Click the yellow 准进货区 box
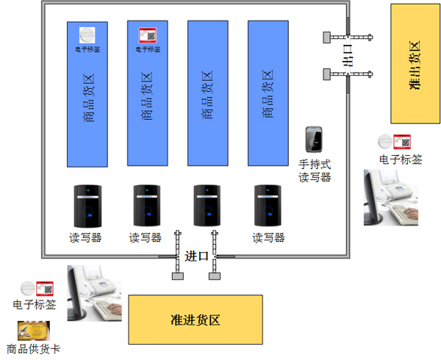196,320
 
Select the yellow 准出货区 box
415,64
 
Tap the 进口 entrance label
196,256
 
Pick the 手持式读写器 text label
315,170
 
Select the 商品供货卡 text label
32,349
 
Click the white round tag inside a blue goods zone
87,35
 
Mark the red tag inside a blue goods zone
148,35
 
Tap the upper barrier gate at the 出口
346,35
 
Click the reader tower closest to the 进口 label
207,206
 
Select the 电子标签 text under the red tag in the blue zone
148,49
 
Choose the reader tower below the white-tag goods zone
87,206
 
